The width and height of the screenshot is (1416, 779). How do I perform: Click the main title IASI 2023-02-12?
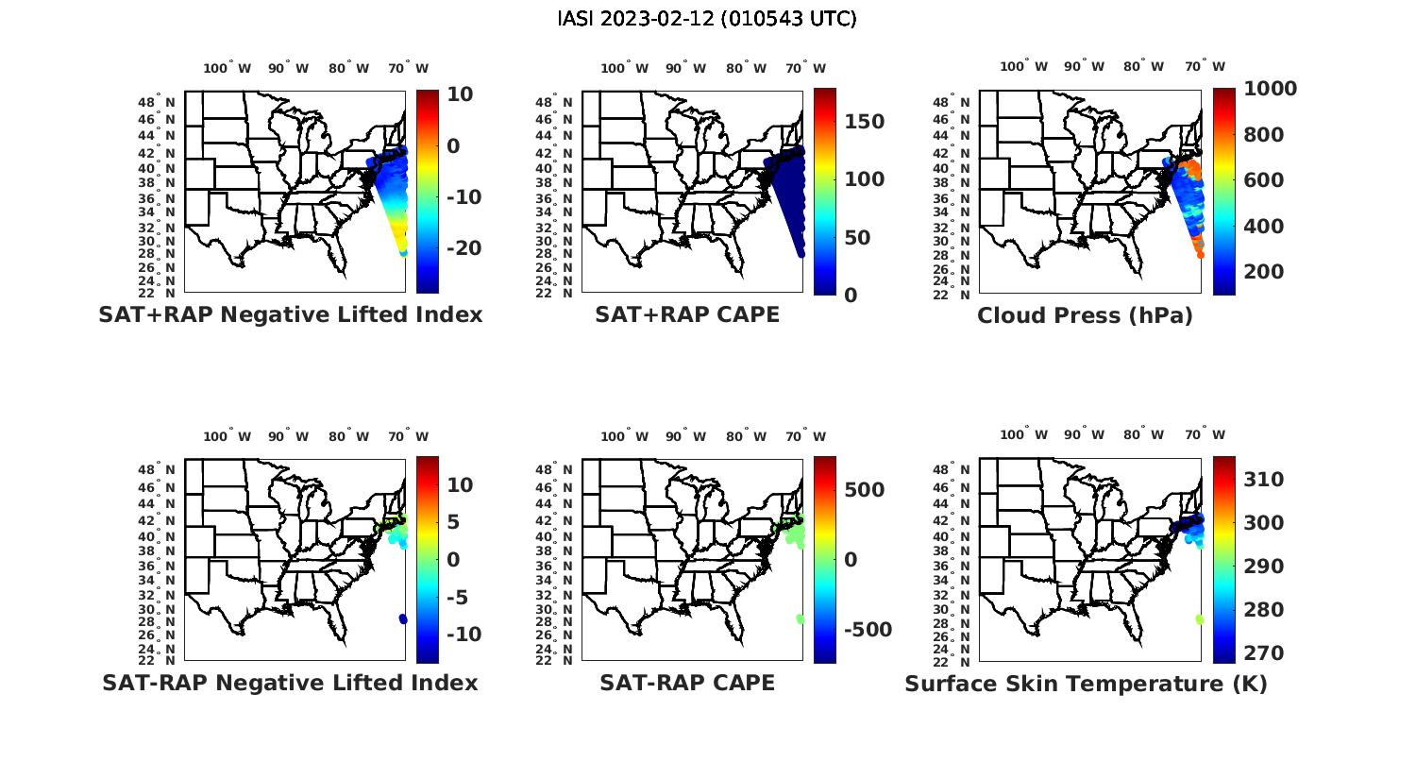coord(707,19)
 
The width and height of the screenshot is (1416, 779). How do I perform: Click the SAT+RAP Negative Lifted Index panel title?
coord(291,314)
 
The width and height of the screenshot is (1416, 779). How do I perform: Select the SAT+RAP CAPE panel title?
coord(687,314)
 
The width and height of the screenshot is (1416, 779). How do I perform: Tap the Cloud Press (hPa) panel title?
coord(1085,315)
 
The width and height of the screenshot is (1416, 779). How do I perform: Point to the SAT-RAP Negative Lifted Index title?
coord(291,683)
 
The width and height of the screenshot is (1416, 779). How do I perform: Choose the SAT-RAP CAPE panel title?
coord(687,683)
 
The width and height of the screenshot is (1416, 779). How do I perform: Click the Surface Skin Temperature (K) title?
coord(1086,684)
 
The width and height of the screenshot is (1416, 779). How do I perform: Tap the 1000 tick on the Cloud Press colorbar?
coord(1270,89)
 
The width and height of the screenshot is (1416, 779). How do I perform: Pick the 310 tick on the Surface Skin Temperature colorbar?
coord(1263,480)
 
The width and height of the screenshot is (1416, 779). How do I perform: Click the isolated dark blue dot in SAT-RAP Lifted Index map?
coord(403,618)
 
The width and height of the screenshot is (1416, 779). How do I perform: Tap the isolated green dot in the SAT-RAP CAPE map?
coord(801,618)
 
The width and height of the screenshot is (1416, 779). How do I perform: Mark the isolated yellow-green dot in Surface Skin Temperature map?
coord(1199,619)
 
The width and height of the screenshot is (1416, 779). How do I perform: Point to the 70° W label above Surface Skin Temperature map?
coord(1205,435)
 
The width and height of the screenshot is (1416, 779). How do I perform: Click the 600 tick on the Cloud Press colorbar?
coord(1264,180)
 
